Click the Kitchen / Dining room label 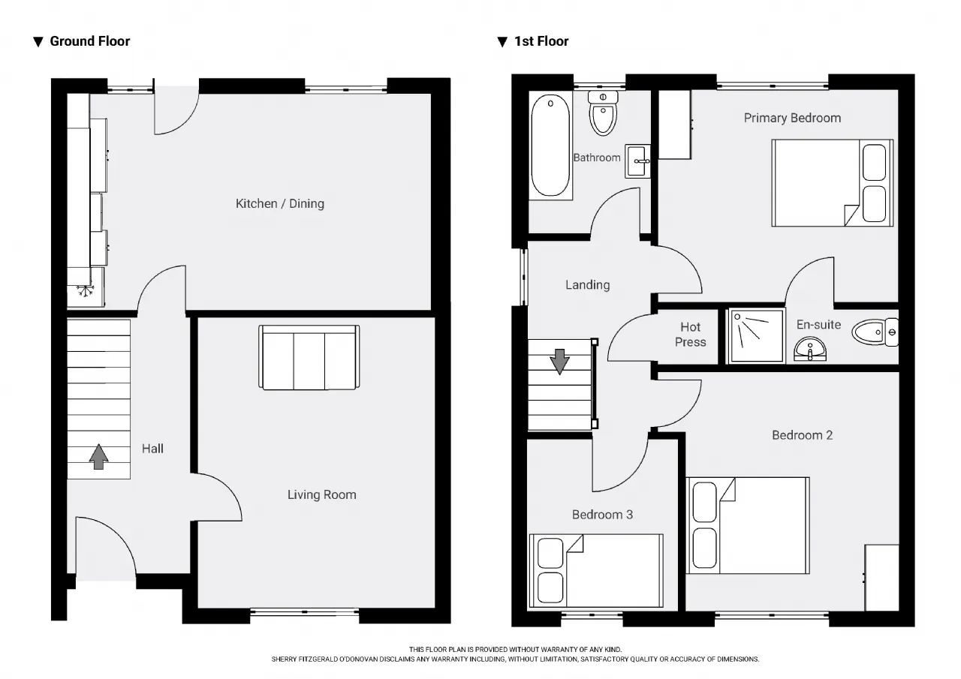pyautogui.click(x=280, y=203)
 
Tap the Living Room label pyautogui.click(x=322, y=494)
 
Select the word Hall pyautogui.click(x=152, y=449)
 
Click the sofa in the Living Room pyautogui.click(x=309, y=357)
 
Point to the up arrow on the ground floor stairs pyautogui.click(x=98, y=456)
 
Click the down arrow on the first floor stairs pyautogui.click(x=559, y=362)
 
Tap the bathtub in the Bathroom pyautogui.click(x=550, y=146)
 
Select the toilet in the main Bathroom pyautogui.click(x=603, y=113)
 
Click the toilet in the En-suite pyautogui.click(x=875, y=332)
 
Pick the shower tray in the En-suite pyautogui.click(x=755, y=335)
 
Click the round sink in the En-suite pyautogui.click(x=810, y=349)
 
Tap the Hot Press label pyautogui.click(x=690, y=335)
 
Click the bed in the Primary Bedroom pyautogui.click(x=833, y=183)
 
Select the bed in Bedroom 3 pyautogui.click(x=596, y=570)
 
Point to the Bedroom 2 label pyautogui.click(x=802, y=435)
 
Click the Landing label pyautogui.click(x=587, y=285)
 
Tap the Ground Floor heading pyautogui.click(x=89, y=41)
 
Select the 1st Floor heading pyautogui.click(x=541, y=41)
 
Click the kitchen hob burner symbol pyautogui.click(x=86, y=290)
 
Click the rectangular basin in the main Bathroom pyautogui.click(x=638, y=161)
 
